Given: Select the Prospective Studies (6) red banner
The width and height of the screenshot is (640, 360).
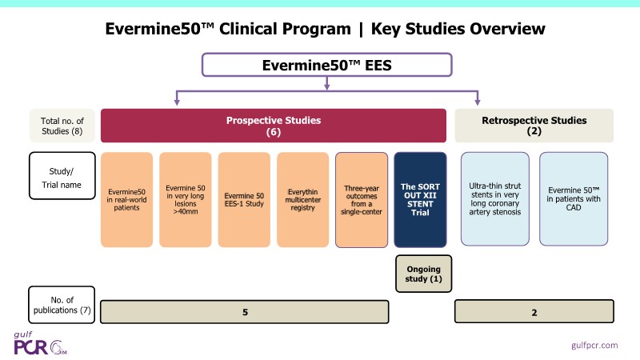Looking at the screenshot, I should (x=273, y=126).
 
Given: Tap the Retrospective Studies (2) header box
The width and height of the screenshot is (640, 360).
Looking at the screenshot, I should (x=534, y=126).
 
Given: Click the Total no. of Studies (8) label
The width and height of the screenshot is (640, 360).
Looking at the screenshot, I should (x=62, y=126).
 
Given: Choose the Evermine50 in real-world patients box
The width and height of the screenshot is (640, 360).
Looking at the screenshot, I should (x=126, y=198).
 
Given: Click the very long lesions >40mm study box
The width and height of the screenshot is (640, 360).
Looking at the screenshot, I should (x=185, y=198).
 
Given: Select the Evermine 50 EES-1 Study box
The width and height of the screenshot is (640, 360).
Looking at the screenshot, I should (x=244, y=198).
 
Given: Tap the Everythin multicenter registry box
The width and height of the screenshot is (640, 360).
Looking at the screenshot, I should (x=303, y=198).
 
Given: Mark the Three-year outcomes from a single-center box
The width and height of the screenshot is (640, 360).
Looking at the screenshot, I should (x=362, y=198).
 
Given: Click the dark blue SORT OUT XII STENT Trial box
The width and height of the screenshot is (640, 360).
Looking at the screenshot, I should (x=421, y=198).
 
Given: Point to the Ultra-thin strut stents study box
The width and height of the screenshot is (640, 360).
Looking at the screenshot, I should (x=494, y=198).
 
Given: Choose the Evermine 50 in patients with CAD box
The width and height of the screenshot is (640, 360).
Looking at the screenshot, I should (x=573, y=198).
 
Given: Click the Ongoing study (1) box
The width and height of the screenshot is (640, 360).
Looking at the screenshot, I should (x=424, y=273).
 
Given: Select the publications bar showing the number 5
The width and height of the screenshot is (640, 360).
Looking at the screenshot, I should (x=244, y=311).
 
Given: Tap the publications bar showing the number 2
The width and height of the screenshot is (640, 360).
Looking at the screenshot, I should (x=534, y=311).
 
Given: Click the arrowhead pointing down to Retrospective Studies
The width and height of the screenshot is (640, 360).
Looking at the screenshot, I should (x=478, y=102).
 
